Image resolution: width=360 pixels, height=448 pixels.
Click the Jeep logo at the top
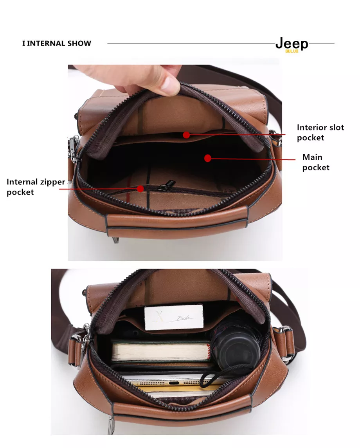tap(292, 44)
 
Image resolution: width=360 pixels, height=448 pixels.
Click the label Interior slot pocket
tap(320, 132)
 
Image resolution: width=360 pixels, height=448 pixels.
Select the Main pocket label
tap(316, 162)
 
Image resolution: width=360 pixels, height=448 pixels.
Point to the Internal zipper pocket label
tap(36, 187)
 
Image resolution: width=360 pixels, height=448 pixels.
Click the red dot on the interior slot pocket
tap(186, 135)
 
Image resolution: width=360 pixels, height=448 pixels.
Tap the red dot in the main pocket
tap(208, 158)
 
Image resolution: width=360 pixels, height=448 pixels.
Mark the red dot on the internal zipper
tap(140, 189)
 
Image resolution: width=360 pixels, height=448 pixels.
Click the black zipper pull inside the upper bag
tap(166, 185)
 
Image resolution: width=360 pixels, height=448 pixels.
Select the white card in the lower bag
tap(174, 317)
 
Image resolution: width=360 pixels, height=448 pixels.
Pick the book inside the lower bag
tap(161, 351)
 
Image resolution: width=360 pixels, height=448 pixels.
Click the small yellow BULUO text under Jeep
tap(292, 51)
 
